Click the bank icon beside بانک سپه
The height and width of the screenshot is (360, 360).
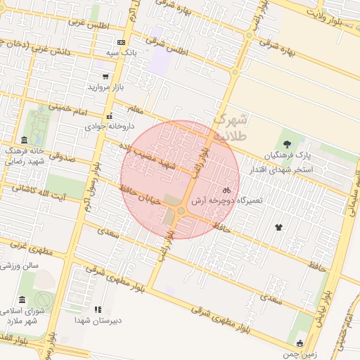[121, 42]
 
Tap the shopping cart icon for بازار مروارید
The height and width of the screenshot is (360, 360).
[105, 77]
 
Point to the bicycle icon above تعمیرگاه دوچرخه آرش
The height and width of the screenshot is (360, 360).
[226, 191]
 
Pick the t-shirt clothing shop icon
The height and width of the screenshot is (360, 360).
[279, 227]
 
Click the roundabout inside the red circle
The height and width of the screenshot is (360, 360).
[181, 210]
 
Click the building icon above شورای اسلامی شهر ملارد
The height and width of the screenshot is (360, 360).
[22, 299]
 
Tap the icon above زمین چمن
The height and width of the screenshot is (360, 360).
[300, 344]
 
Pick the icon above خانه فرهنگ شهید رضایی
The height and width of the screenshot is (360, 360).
[25, 140]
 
